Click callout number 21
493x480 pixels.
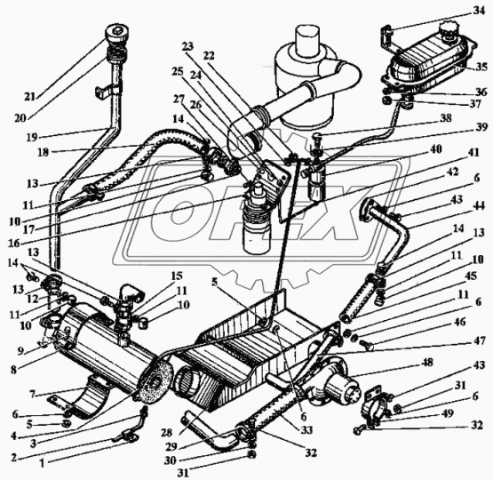pos(30,97)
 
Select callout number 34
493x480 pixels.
pos(478,12)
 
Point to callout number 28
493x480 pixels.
pos(167,433)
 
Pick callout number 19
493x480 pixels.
pos(32,137)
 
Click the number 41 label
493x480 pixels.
pos(473,153)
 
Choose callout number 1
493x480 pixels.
pos(44,464)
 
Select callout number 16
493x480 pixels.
pos(14,244)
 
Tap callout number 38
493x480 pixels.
pos(445,118)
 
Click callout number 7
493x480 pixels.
pos(32,394)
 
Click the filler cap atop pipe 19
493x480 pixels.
pos(116,34)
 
